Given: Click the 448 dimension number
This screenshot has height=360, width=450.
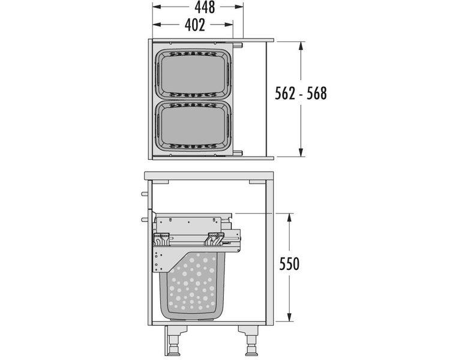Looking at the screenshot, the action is (x=205, y=7).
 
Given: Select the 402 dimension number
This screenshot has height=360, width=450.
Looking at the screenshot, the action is (x=195, y=25).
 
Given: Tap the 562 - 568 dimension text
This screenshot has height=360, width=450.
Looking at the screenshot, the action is (x=301, y=94).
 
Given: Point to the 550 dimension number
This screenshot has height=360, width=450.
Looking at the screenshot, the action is (x=289, y=264).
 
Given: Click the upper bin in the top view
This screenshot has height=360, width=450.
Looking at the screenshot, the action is (x=193, y=74).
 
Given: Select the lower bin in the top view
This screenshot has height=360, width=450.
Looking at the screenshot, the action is (x=193, y=125).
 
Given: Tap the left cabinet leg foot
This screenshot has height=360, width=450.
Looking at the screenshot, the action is (x=174, y=349).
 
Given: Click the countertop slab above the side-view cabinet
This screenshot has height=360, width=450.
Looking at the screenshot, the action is (x=209, y=176).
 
